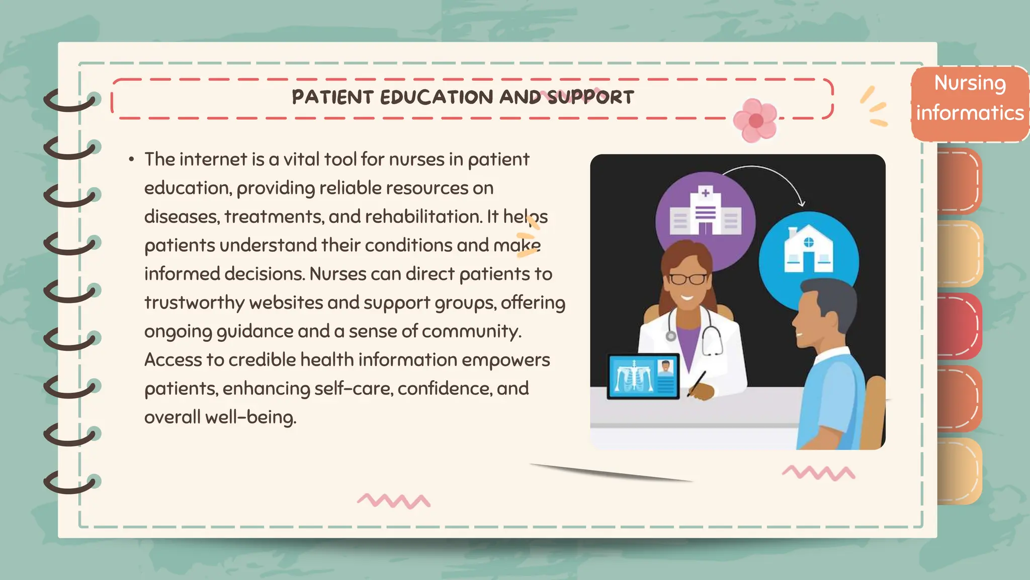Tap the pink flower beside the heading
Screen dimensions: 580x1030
tap(755, 120)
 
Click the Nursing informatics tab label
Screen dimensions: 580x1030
tap(970, 98)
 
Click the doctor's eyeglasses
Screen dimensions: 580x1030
tap(688, 278)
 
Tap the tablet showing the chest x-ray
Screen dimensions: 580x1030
tap(643, 376)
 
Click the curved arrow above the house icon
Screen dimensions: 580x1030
tap(769, 176)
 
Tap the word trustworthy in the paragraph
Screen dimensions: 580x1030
tap(194, 303)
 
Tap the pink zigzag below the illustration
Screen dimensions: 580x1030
tap(818, 473)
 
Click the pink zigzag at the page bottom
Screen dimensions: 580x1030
tap(394, 500)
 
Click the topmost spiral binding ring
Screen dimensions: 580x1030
tap(70, 100)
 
